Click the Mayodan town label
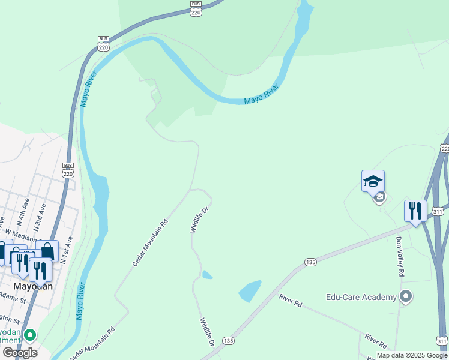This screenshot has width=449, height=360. pos(34,286)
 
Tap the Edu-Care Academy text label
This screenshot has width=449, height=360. pos(361,297)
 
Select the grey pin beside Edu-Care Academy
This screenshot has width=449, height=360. pos(406,296)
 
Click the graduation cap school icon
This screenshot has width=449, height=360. pos(373,181)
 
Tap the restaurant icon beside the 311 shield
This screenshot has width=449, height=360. pos(415,211)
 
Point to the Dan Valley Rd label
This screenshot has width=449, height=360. pos(400,256)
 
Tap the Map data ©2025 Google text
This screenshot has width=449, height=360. pos(411,355)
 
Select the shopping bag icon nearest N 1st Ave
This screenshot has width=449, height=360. pos(47,251)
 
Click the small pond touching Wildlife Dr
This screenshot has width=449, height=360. pos(207,275)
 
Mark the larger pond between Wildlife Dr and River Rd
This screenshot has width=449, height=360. pos(250,290)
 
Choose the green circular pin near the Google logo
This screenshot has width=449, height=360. pos(29,335)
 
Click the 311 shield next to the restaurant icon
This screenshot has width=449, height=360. pos(438,211)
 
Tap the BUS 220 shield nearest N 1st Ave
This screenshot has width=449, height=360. pos(68,170)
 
